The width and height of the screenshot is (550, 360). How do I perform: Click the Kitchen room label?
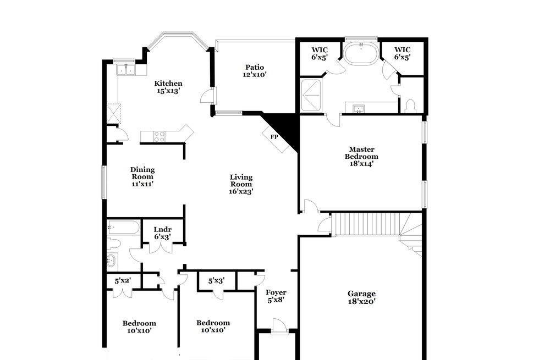tap(168, 87)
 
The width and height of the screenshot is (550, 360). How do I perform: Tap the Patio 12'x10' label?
tap(255, 71)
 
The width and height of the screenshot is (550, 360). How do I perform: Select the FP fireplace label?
tap(274, 137)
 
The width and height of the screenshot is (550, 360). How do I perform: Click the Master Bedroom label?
tap(361, 156)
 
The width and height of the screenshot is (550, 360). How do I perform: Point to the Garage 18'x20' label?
tap(362, 297)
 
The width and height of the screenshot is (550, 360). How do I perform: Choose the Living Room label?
tap(241, 184)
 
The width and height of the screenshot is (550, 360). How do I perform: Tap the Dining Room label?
tap(142, 176)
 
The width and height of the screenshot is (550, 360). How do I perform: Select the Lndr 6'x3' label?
tap(162, 233)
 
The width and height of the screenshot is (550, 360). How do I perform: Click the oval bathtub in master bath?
tap(361, 54)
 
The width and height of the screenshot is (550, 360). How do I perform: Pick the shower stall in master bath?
tap(311, 95)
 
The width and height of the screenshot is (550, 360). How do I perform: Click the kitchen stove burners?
tap(159, 136)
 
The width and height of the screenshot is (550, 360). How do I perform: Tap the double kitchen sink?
tap(126, 69)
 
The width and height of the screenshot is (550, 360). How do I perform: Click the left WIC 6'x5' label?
tap(320, 54)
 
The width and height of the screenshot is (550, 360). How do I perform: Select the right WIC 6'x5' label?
tap(403, 53)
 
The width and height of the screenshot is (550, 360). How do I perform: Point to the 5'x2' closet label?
tap(123, 281)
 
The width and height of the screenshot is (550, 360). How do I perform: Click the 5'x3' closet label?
tap(216, 281)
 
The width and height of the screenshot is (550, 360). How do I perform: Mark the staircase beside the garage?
tap(366, 224)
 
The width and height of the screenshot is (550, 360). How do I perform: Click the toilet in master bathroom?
tap(410, 106)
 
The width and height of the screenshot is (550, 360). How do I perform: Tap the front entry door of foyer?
tap(279, 325)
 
